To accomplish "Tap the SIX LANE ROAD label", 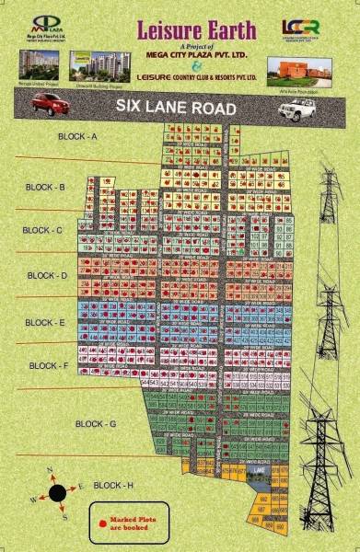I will [176, 107].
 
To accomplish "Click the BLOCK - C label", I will [42, 230].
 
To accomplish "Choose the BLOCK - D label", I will [47, 275].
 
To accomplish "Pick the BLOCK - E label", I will [45, 323].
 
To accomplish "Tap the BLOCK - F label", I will [49, 365].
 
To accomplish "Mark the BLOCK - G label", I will [95, 423].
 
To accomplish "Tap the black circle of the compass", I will [57, 492].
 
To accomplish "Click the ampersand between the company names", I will [181, 66].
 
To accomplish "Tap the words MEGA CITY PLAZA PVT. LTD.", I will [181, 54].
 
